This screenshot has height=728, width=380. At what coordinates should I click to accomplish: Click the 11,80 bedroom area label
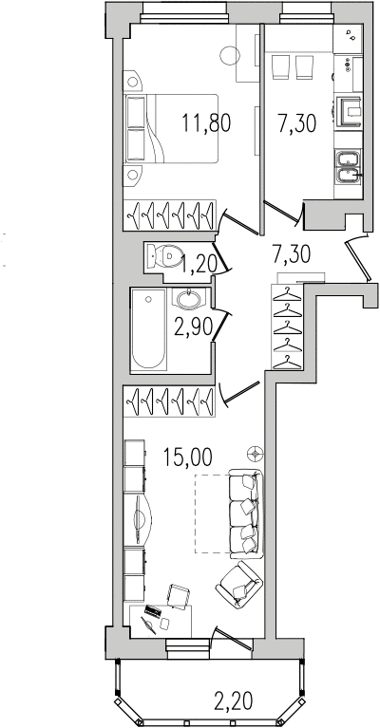(x=206, y=123)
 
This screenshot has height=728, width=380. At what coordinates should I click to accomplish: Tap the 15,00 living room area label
(x=188, y=457)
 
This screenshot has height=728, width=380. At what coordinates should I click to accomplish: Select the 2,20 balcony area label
(x=234, y=701)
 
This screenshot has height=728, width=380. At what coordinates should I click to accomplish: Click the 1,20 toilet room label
(x=199, y=265)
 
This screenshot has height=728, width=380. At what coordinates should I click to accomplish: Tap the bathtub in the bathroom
(x=148, y=329)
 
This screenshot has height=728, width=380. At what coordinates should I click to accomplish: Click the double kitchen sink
(x=347, y=168)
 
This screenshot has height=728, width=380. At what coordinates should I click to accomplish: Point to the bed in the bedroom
(x=171, y=128)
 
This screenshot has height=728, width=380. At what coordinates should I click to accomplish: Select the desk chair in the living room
(x=179, y=596)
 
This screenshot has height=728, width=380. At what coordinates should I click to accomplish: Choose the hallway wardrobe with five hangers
(x=287, y=327)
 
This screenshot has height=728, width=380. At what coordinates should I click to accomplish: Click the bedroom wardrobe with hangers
(x=169, y=215)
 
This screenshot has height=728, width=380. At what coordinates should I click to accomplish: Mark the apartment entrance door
(x=358, y=258)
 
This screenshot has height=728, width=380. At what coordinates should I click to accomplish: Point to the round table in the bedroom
(x=230, y=56)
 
